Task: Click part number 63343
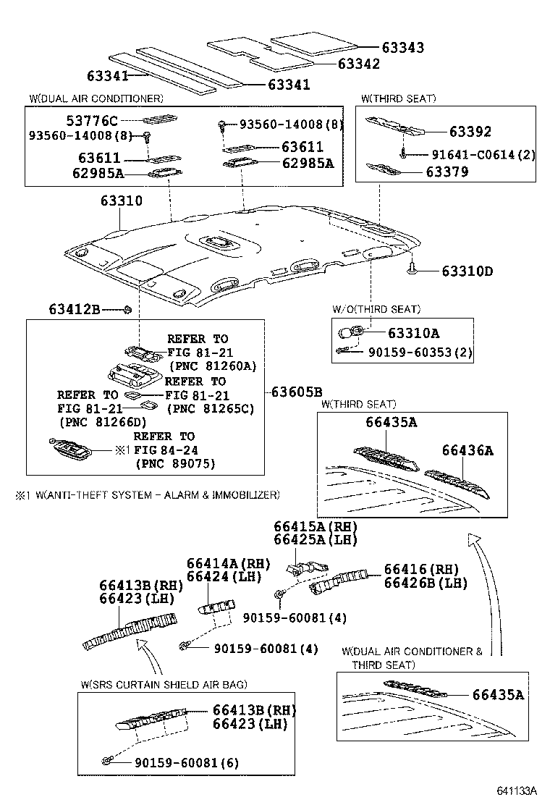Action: tap(402, 47)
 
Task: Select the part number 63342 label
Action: tap(358, 64)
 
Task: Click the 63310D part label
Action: tap(467, 271)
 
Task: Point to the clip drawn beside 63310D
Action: tap(411, 270)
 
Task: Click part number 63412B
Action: tap(75, 309)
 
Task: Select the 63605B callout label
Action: tap(297, 392)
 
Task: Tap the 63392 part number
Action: tap(470, 132)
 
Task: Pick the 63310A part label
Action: tap(413, 334)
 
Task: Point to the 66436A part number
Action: tap(467, 450)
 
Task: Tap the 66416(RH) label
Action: tap(421, 569)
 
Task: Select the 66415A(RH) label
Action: tap(315, 526)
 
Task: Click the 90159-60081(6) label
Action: tap(186, 762)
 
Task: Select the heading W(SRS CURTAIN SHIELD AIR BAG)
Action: tap(164, 684)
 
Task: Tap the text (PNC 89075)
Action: tap(175, 463)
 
